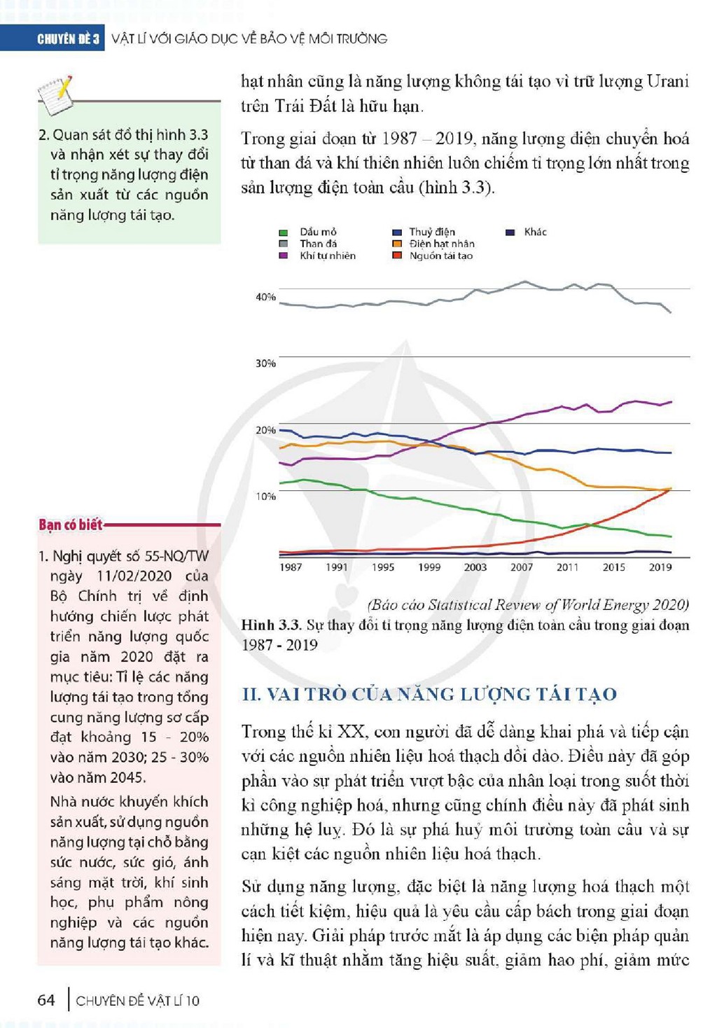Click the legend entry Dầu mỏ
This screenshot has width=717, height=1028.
pos(308,232)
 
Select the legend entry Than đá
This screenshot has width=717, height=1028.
pos(308,244)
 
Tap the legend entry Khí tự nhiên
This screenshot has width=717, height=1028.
pos(317,256)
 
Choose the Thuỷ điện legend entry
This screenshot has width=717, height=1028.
pos(424,232)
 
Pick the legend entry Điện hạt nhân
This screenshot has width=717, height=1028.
pos(433,244)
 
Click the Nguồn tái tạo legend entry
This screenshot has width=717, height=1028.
pos(433,256)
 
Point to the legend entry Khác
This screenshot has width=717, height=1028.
pos(526,232)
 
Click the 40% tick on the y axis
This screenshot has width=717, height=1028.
pos(265,297)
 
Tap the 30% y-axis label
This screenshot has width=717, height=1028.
pos(265,363)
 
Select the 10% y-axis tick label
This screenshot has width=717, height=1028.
pos(265,496)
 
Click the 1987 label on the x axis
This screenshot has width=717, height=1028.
pos(291,567)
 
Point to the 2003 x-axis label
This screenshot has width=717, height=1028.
pos(475,567)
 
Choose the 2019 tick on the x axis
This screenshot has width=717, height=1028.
pos(660,567)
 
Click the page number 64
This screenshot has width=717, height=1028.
pos(46,999)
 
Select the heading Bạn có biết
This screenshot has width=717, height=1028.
pos(71,525)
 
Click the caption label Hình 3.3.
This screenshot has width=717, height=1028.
pos(272,625)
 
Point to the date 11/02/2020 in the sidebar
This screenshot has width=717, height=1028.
pos(134,576)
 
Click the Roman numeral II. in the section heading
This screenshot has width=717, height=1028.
pos(251,695)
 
